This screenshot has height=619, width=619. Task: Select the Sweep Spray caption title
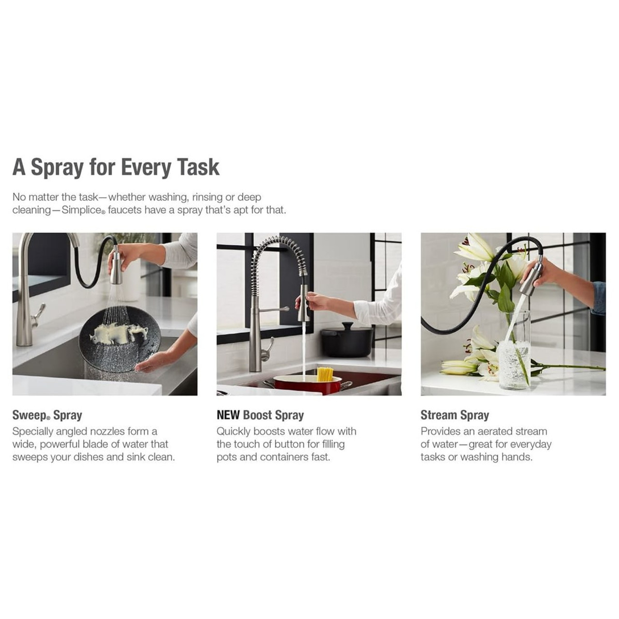pyautogui.click(x=47, y=415)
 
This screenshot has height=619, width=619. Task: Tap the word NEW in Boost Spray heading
pyautogui.click(x=228, y=415)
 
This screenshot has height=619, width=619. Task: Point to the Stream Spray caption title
pyautogui.click(x=455, y=415)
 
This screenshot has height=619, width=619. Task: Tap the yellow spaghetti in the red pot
pyautogui.click(x=325, y=375)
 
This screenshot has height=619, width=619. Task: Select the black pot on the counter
pyautogui.click(x=347, y=340)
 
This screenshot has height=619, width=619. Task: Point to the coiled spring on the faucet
pyautogui.click(x=279, y=257)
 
